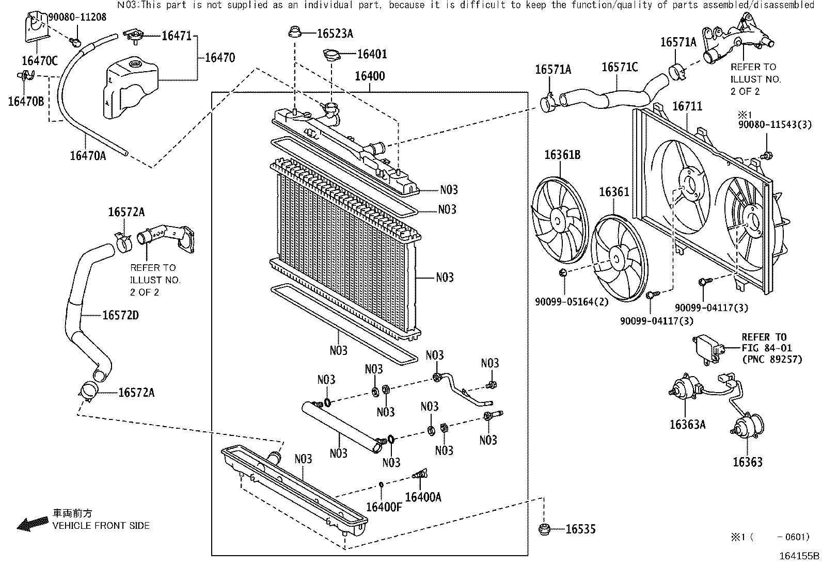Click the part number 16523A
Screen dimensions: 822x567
point(335,34)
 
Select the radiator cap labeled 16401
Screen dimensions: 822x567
point(331,55)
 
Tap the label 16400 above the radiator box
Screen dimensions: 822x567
point(370,76)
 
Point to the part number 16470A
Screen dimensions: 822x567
point(88,156)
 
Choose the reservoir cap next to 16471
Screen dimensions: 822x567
point(135,37)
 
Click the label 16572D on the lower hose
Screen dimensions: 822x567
point(120,315)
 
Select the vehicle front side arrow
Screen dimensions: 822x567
point(33,524)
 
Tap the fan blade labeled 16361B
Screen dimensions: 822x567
point(560,220)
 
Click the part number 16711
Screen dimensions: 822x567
point(687,106)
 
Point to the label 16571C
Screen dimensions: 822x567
point(620,67)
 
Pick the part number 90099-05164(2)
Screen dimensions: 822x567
point(572,302)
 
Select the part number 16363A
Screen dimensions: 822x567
point(687,425)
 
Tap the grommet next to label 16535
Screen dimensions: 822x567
point(545,529)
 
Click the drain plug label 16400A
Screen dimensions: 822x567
point(423,497)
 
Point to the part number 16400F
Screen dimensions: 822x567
point(384,507)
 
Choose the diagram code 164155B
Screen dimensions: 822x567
point(799,556)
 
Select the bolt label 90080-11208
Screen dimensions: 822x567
point(77,17)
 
